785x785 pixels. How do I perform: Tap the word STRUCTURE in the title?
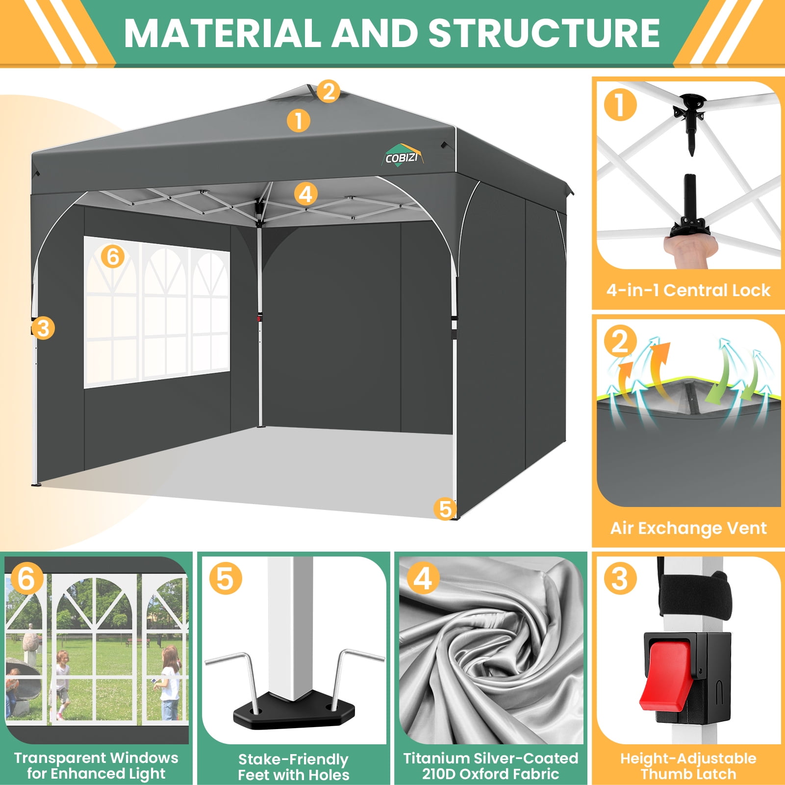pos(544,33)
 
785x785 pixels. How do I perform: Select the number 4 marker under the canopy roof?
pos(305,194)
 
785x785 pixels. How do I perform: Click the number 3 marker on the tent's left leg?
pos(43,328)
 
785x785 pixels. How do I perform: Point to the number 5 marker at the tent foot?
pos(445,509)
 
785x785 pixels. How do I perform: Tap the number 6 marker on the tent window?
pos(113,256)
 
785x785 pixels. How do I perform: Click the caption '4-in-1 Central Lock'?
pos(688,290)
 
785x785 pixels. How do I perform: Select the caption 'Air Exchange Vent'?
pos(688,528)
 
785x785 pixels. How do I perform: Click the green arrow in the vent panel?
pos(726,378)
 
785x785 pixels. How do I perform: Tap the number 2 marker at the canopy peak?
pos(329,91)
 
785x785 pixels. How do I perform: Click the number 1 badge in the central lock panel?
pos(620,104)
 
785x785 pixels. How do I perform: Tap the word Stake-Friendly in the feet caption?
pos(293,759)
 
